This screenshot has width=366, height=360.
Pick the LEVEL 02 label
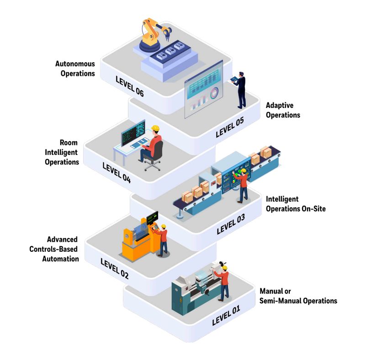pyautogui.click(x=114, y=268)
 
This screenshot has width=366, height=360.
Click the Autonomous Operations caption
pyautogui.click(x=75, y=69)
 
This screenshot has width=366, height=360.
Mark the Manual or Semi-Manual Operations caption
pyautogui.click(x=298, y=296)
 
